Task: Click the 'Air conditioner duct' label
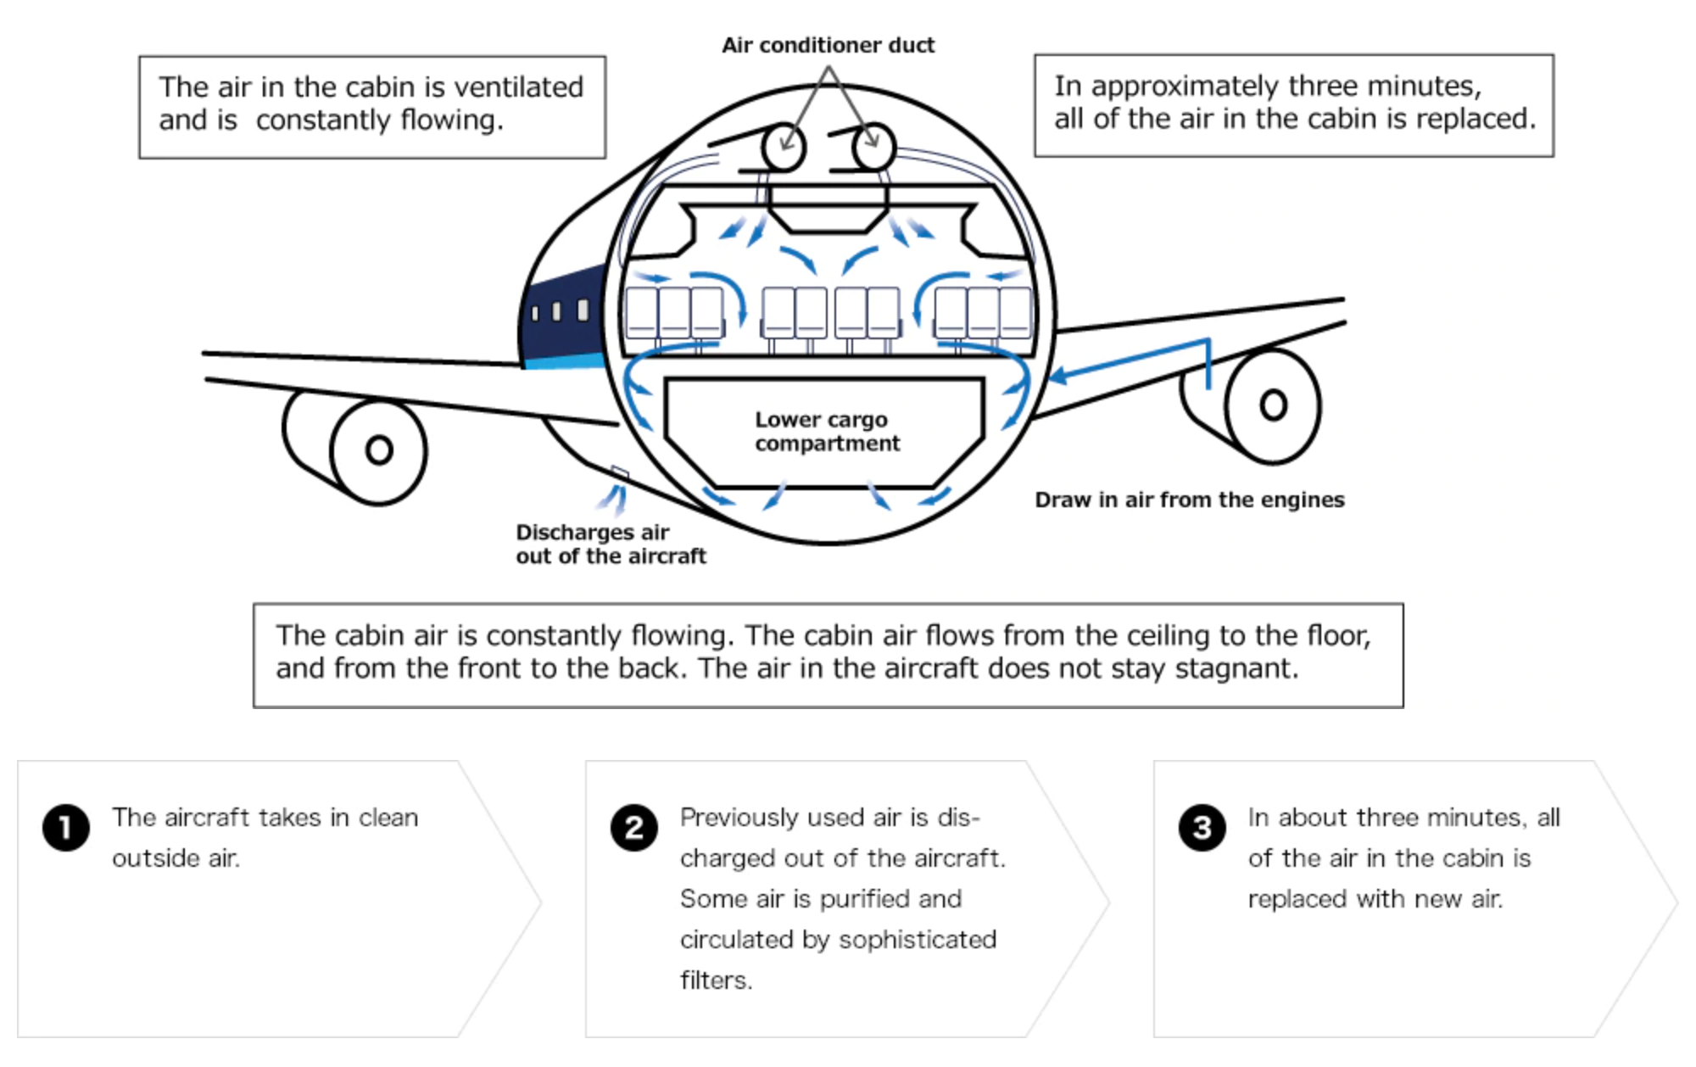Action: [828, 45]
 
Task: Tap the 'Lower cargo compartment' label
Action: [827, 432]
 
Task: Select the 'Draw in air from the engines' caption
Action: [1189, 500]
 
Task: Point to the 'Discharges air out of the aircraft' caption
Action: [610, 545]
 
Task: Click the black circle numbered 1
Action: [66, 827]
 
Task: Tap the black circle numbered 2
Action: [633, 827]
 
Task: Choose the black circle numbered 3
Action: [1202, 827]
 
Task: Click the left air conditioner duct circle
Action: [783, 148]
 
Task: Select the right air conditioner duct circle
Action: [873, 147]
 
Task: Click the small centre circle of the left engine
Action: [379, 450]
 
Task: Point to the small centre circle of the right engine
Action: [1273, 405]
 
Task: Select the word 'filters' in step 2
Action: [714, 980]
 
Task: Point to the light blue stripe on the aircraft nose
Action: [564, 361]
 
